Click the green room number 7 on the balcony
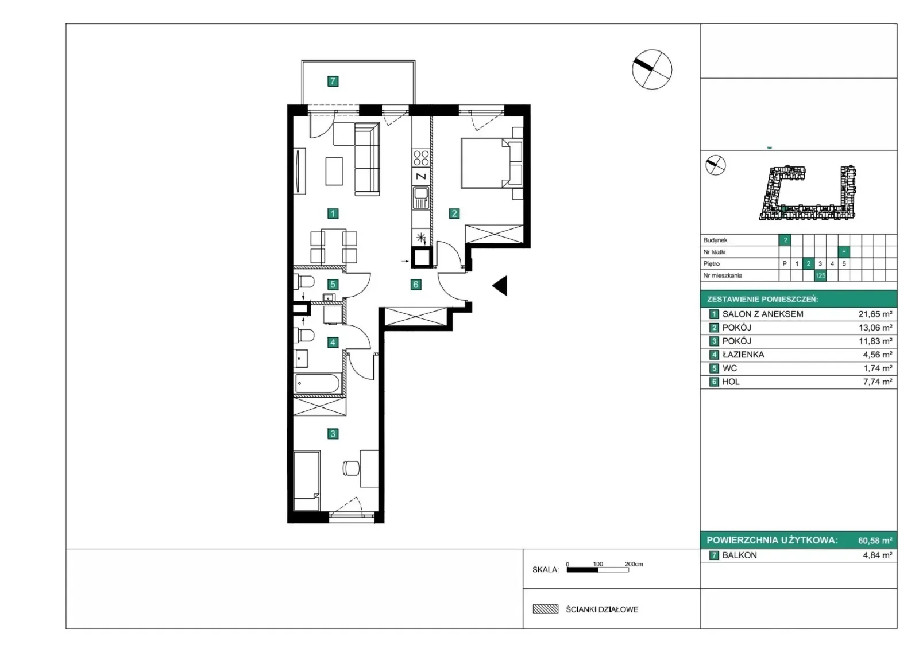(x=333, y=81)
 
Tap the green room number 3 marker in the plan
(x=333, y=433)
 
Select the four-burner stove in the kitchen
(x=421, y=158)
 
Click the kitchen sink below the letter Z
(x=421, y=197)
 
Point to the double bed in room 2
(x=492, y=163)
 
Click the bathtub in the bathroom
(x=317, y=384)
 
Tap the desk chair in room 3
(x=351, y=468)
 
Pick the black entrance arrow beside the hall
(x=500, y=285)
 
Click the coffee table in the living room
(x=334, y=172)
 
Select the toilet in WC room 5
(x=304, y=282)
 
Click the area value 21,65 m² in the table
(x=875, y=314)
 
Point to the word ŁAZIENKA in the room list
(x=743, y=355)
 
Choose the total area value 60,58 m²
(x=875, y=541)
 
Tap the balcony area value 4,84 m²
(x=878, y=555)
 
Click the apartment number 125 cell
(x=820, y=275)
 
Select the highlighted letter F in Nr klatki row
(x=844, y=252)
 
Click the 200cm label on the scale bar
(x=634, y=564)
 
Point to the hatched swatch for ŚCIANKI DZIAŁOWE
(x=545, y=609)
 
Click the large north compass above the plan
(x=652, y=69)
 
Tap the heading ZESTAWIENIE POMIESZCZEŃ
(x=762, y=300)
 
